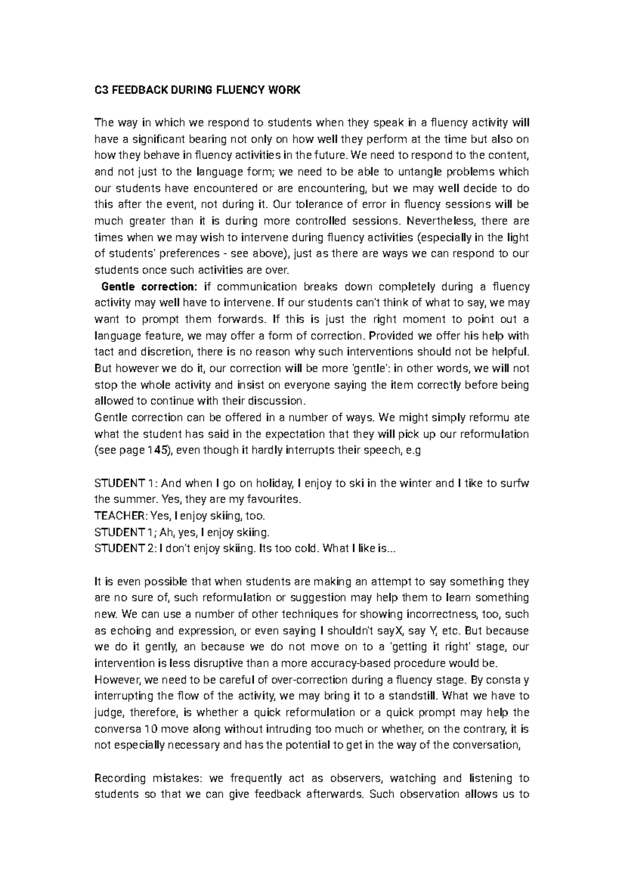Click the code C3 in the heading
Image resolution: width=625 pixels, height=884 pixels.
(x=101, y=90)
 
